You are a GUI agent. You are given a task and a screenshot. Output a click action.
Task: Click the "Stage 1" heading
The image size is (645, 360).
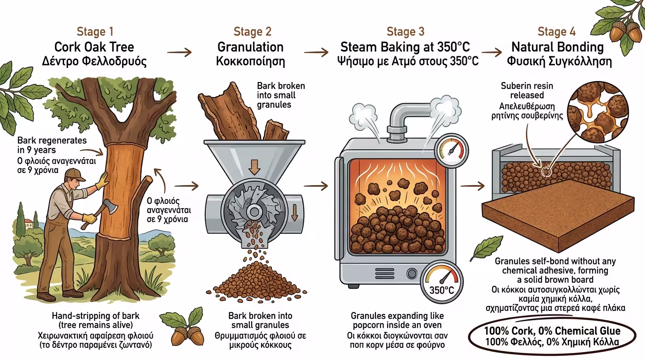(x=95, y=32)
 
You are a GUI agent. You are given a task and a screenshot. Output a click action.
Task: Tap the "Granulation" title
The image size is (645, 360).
(x=250, y=47)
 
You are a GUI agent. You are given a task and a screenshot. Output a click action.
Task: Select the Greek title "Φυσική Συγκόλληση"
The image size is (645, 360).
(x=559, y=61)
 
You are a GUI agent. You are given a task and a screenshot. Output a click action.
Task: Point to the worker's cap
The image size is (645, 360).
(x=74, y=174)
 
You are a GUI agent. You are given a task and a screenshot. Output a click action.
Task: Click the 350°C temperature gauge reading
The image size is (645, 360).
(x=442, y=290)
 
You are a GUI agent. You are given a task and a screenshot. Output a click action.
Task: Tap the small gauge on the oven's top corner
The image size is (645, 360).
(x=451, y=150)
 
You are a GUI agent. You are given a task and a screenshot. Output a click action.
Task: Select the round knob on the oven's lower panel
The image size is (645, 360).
(x=412, y=274)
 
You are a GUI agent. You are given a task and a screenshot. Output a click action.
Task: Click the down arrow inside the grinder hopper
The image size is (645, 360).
(x=254, y=167)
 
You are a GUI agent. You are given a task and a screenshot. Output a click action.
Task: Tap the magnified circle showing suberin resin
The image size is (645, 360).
(x=598, y=112)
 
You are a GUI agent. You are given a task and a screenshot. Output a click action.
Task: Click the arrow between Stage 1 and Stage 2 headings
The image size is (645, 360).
(x=180, y=52)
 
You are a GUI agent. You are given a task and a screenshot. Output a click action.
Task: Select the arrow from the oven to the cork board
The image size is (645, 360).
(x=472, y=186)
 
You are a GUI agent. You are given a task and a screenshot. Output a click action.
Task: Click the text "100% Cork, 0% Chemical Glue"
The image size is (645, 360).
(x=552, y=331)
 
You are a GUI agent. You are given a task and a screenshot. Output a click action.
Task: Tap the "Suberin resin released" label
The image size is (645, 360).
(x=527, y=90)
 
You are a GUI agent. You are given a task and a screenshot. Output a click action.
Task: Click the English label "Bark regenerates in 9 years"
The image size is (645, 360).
(x=52, y=145)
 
